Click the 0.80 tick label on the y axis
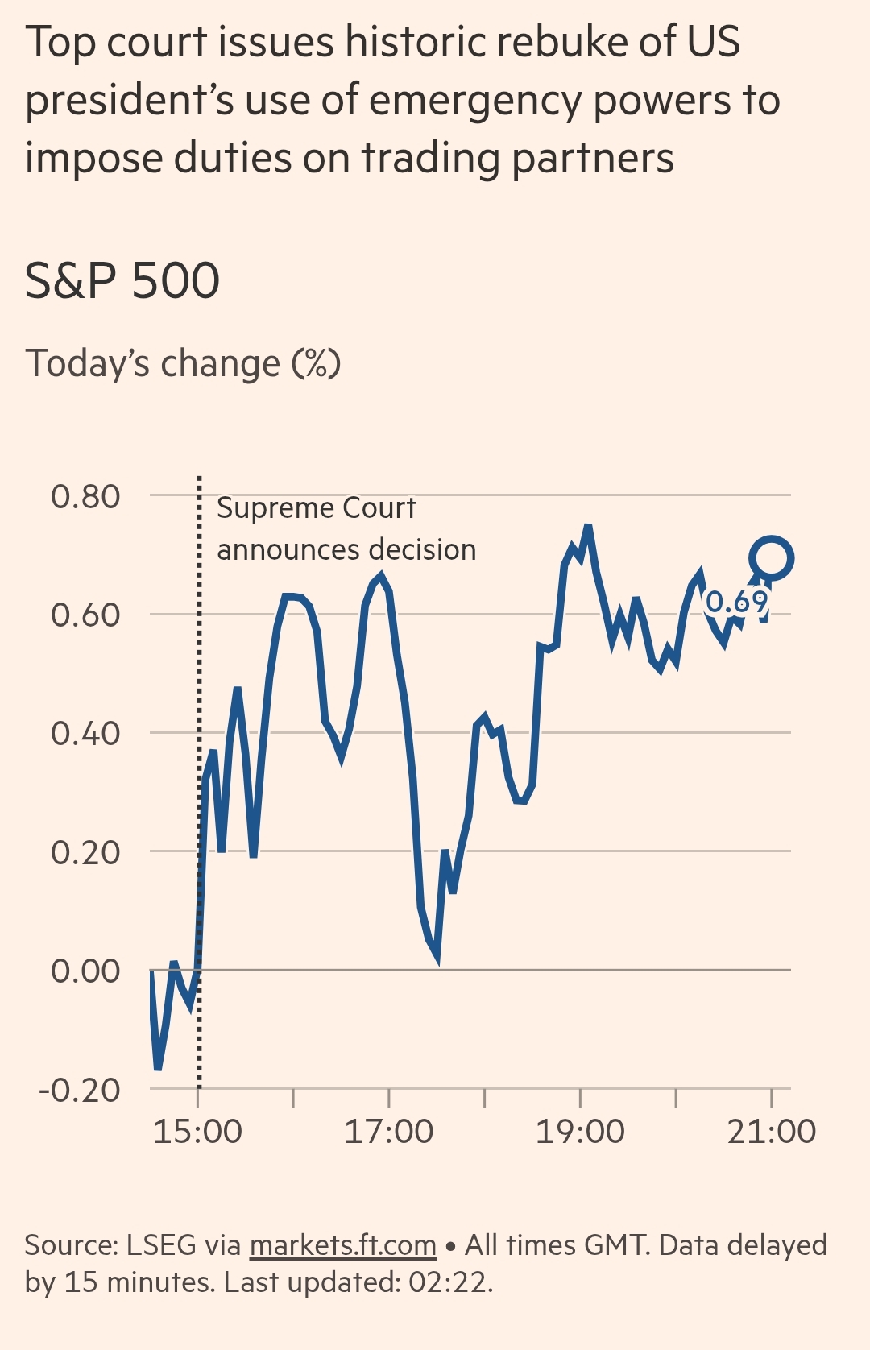click(85, 497)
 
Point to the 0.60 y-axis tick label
click(85, 615)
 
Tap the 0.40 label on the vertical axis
click(85, 734)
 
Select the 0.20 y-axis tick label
click(85, 852)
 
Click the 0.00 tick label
click(85, 971)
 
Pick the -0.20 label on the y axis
click(80, 1090)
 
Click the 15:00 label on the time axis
click(197, 1132)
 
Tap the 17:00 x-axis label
click(389, 1132)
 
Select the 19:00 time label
click(580, 1132)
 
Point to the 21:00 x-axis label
click(771, 1132)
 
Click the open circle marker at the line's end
click(772, 557)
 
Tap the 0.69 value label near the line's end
click(737, 602)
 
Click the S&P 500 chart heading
click(122, 280)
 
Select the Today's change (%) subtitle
click(183, 363)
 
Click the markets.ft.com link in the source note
click(343, 1245)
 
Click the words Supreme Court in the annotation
click(316, 508)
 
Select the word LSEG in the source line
click(161, 1245)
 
